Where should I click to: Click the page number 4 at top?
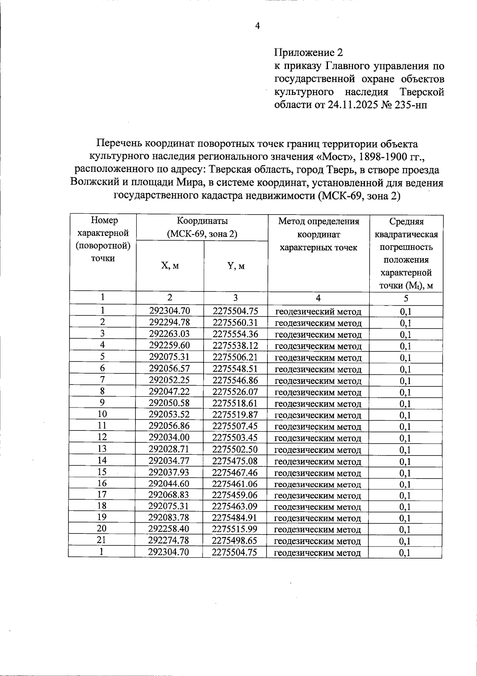click(x=257, y=26)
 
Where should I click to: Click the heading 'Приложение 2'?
click(x=308, y=52)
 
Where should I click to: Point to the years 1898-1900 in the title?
click(x=381, y=156)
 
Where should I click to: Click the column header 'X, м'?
click(x=170, y=266)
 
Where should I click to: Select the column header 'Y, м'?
click(x=236, y=266)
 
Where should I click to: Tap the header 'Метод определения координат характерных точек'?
click(x=318, y=234)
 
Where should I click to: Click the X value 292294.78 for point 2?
click(x=170, y=323)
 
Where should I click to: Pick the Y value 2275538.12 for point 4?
click(x=235, y=346)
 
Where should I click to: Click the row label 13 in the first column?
click(x=102, y=449)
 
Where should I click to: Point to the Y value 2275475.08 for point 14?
click(x=235, y=461)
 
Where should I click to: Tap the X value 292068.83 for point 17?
click(x=169, y=495)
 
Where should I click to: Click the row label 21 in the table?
click(x=102, y=540)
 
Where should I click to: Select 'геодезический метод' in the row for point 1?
click(x=318, y=311)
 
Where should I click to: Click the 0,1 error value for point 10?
click(x=405, y=415)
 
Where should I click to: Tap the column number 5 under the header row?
click(x=405, y=298)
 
